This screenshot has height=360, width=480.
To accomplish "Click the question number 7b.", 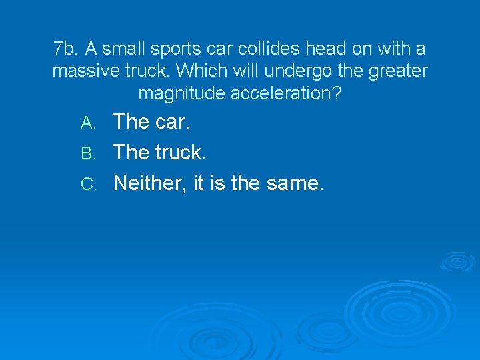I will pyautogui.click(x=65, y=49).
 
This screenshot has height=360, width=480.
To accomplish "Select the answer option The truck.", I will pyautogui.click(x=160, y=152).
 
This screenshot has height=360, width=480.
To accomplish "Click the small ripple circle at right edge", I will pyautogui.click(x=457, y=262).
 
